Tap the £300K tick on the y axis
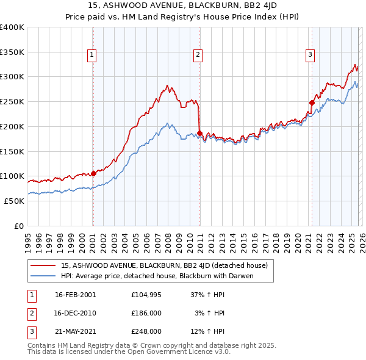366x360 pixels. (12, 77)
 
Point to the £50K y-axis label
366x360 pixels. (14, 201)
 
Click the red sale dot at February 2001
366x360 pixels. (93, 173)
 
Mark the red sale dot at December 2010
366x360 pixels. (199, 133)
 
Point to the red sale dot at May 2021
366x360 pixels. (312, 103)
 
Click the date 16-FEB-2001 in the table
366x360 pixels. (75, 295)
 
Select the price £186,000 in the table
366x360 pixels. (146, 313)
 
